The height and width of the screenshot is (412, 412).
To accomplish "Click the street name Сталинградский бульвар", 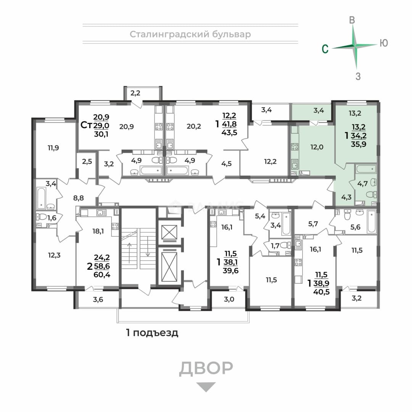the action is click(190, 34).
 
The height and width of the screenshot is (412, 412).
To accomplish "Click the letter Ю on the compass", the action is click(384, 43).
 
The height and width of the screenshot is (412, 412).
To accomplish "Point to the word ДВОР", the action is click(206, 368).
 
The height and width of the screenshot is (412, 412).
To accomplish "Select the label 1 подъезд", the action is click(152, 333).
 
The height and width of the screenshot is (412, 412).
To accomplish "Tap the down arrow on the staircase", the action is click(148, 246).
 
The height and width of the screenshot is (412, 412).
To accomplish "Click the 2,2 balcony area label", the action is click(135, 93).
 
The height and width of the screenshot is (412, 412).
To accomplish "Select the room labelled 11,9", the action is click(53, 148).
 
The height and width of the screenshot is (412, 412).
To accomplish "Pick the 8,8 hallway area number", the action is click(78, 198).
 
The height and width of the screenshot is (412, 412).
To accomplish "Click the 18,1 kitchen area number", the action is click(98, 231).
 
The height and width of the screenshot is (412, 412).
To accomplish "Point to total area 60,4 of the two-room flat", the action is click(102, 275).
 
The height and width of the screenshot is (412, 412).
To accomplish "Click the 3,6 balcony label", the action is click(98, 299).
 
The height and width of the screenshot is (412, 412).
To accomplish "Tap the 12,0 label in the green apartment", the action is click(317, 147).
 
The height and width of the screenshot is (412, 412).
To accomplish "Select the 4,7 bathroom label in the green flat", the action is click(362, 183).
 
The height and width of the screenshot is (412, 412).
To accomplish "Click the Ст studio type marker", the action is click(86, 125).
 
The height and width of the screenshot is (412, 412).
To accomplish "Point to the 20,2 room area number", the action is click(194, 126).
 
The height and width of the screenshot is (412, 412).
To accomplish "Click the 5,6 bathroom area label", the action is click(355, 227).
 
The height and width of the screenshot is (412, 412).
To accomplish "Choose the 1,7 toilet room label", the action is click(275, 246).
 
